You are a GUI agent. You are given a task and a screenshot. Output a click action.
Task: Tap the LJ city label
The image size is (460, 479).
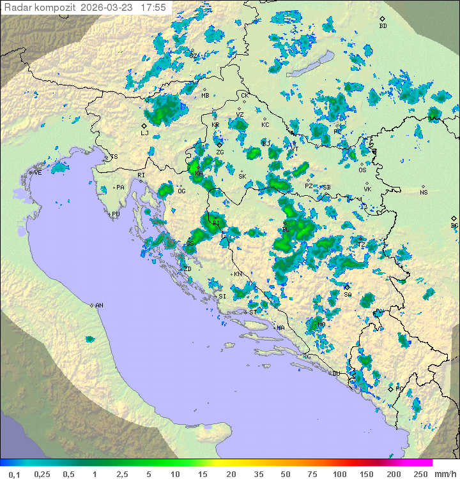(144, 133)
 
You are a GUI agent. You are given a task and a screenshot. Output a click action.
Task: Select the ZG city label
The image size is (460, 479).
(220, 152)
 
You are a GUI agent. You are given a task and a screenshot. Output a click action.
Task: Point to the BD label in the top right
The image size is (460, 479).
(383, 26)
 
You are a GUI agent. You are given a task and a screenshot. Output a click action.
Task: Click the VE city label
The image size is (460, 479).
(38, 172)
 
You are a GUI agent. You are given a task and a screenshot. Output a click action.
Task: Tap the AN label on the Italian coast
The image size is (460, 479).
(99, 306)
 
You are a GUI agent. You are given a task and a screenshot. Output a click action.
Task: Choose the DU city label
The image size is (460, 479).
(335, 374)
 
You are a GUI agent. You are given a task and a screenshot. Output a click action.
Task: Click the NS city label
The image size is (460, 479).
(424, 192)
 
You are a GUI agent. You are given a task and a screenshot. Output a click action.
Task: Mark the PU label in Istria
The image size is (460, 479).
(116, 214)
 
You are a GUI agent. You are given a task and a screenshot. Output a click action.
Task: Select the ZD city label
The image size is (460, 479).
(187, 269)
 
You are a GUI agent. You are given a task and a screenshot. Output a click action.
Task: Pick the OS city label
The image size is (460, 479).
(362, 170)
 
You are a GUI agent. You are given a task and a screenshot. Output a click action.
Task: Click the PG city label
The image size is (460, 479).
(400, 388)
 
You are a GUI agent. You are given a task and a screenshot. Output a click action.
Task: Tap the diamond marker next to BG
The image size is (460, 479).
(454, 218)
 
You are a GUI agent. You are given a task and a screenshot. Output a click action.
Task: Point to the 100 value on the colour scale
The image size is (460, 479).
(339, 474)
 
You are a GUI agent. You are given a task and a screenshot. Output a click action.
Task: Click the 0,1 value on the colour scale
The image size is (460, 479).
(15, 474)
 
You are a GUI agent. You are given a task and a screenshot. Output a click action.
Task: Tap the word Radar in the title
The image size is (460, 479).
(17, 8)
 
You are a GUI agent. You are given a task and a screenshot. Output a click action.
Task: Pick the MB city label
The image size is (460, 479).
(205, 96)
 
